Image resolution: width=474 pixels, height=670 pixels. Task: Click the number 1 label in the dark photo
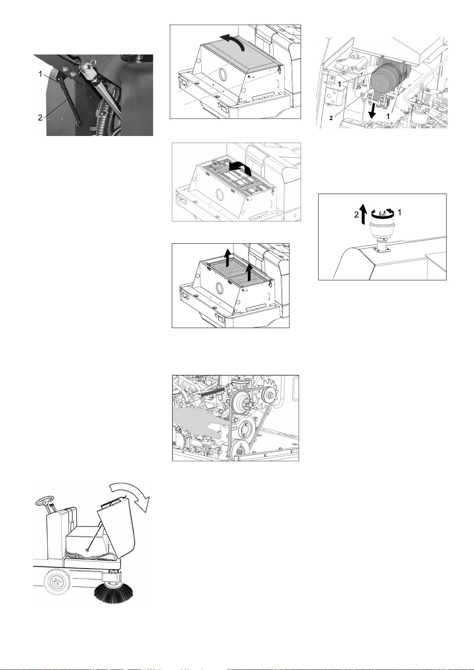pos(41,74)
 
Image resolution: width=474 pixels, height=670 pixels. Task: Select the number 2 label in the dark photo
pos(40,118)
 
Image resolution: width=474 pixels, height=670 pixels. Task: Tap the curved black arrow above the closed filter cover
pos(233,41)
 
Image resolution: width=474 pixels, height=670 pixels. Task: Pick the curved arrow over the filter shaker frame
pos(241,167)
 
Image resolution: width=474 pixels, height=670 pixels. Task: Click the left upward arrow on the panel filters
pos(227,257)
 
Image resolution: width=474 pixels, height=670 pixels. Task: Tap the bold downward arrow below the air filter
pos(372,110)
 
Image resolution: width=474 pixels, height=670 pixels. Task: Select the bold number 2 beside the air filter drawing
pos(331,118)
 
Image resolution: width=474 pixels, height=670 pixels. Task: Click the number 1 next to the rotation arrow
pos(400,212)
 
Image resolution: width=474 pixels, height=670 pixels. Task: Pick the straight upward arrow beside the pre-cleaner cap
pos(363,214)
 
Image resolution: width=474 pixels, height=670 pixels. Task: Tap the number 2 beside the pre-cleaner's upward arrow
pos(356,215)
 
